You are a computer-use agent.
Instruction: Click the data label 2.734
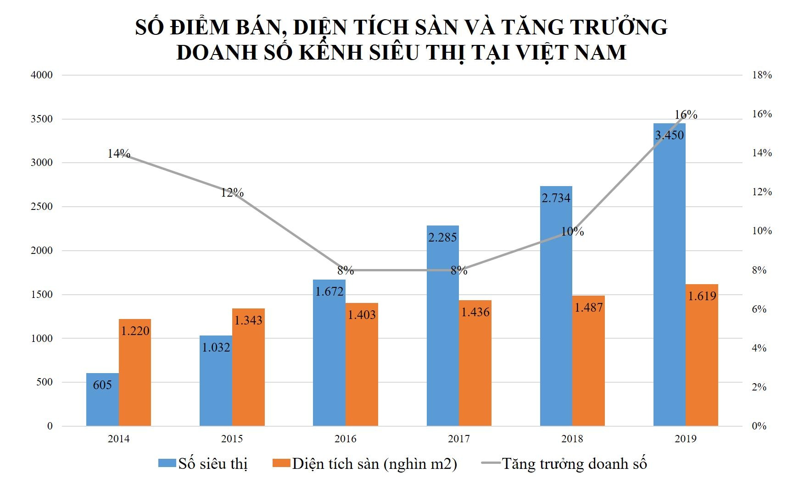pos(556,198)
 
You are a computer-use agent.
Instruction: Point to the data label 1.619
pos(702,296)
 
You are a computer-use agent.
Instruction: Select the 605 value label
pos(102,385)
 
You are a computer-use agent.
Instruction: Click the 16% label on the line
pos(686,115)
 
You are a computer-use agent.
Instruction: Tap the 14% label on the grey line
pos(119,154)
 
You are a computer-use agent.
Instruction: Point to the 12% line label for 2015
pos(232,192)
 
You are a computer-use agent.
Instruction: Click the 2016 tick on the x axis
pos(346,439)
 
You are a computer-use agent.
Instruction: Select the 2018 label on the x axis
pos(572,439)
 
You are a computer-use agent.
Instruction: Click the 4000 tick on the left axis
pos(42,75)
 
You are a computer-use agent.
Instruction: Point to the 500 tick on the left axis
pos(45,382)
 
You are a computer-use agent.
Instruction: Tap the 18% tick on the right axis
pos(762,75)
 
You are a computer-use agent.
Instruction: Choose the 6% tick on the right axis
pos(759,309)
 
